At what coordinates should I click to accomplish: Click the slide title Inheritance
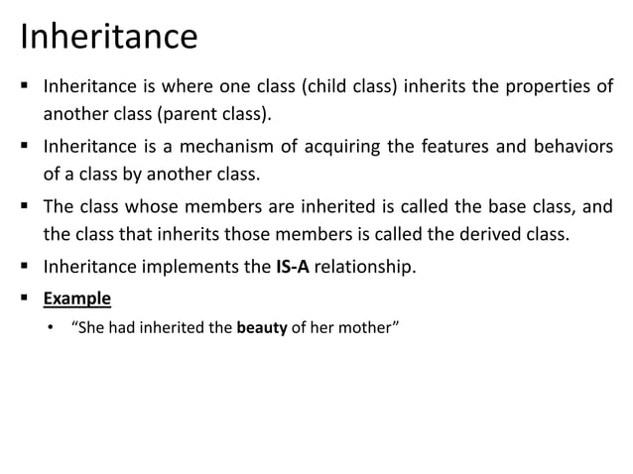(x=109, y=38)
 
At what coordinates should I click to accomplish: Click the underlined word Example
(x=77, y=296)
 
